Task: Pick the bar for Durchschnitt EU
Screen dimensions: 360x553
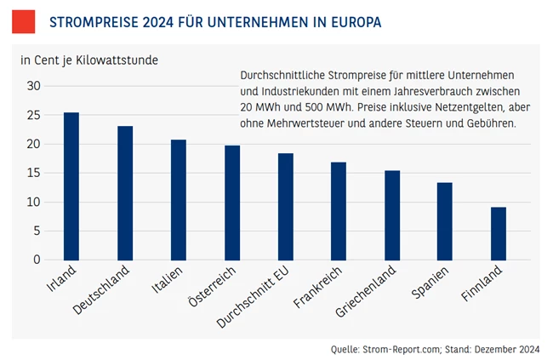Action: [x=286, y=206]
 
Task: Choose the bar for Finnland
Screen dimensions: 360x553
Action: [x=499, y=233]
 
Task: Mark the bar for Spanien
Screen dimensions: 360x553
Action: [x=445, y=220]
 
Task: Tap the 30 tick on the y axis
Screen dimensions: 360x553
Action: [x=34, y=86]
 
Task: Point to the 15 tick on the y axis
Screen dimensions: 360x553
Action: [x=34, y=173]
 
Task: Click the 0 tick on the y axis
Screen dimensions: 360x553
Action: [x=37, y=260]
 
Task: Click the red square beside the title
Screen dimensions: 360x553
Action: [x=23, y=21]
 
